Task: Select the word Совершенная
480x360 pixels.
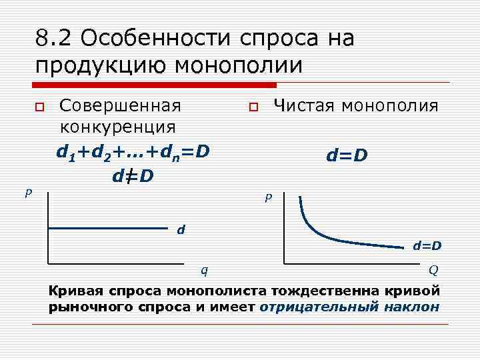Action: [120, 106]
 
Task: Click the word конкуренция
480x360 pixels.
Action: [118, 126]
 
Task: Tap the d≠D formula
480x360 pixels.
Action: [133, 176]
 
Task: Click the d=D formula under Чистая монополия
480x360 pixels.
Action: [347, 156]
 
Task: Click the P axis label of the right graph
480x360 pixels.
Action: [267, 198]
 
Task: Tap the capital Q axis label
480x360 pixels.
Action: [433, 269]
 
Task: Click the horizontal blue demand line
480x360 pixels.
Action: [107, 228]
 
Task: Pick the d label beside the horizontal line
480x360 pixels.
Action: [180, 230]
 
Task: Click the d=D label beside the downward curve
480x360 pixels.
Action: [427, 246]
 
